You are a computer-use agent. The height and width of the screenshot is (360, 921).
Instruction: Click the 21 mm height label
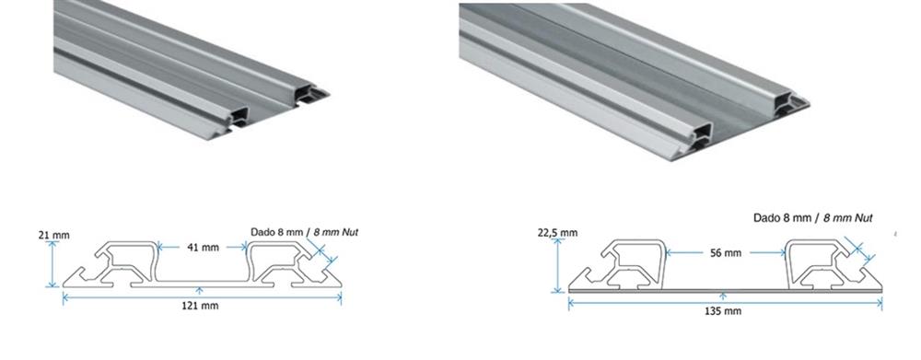(x=53, y=236)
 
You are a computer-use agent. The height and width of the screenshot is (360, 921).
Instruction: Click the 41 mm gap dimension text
(x=203, y=248)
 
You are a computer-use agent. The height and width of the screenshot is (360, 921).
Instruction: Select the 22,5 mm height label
(x=557, y=233)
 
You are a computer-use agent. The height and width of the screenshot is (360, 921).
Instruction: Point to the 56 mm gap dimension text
(x=726, y=253)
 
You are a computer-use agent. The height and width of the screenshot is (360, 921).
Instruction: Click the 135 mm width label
(x=723, y=310)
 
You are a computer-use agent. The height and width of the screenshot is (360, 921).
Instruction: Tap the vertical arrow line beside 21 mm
(x=52, y=264)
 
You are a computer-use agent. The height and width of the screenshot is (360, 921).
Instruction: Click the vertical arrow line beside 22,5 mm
(x=557, y=265)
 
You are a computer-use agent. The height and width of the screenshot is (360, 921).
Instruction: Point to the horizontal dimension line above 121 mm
(x=202, y=297)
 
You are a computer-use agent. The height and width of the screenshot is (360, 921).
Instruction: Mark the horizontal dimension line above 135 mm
(x=726, y=303)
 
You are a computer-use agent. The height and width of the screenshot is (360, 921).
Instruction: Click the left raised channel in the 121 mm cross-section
(x=126, y=263)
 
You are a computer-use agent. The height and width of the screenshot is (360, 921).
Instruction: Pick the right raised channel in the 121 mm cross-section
(x=276, y=263)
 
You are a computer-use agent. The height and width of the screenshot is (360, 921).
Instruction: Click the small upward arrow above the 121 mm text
(x=200, y=290)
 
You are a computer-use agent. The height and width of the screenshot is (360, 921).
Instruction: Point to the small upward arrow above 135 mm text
(x=723, y=296)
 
